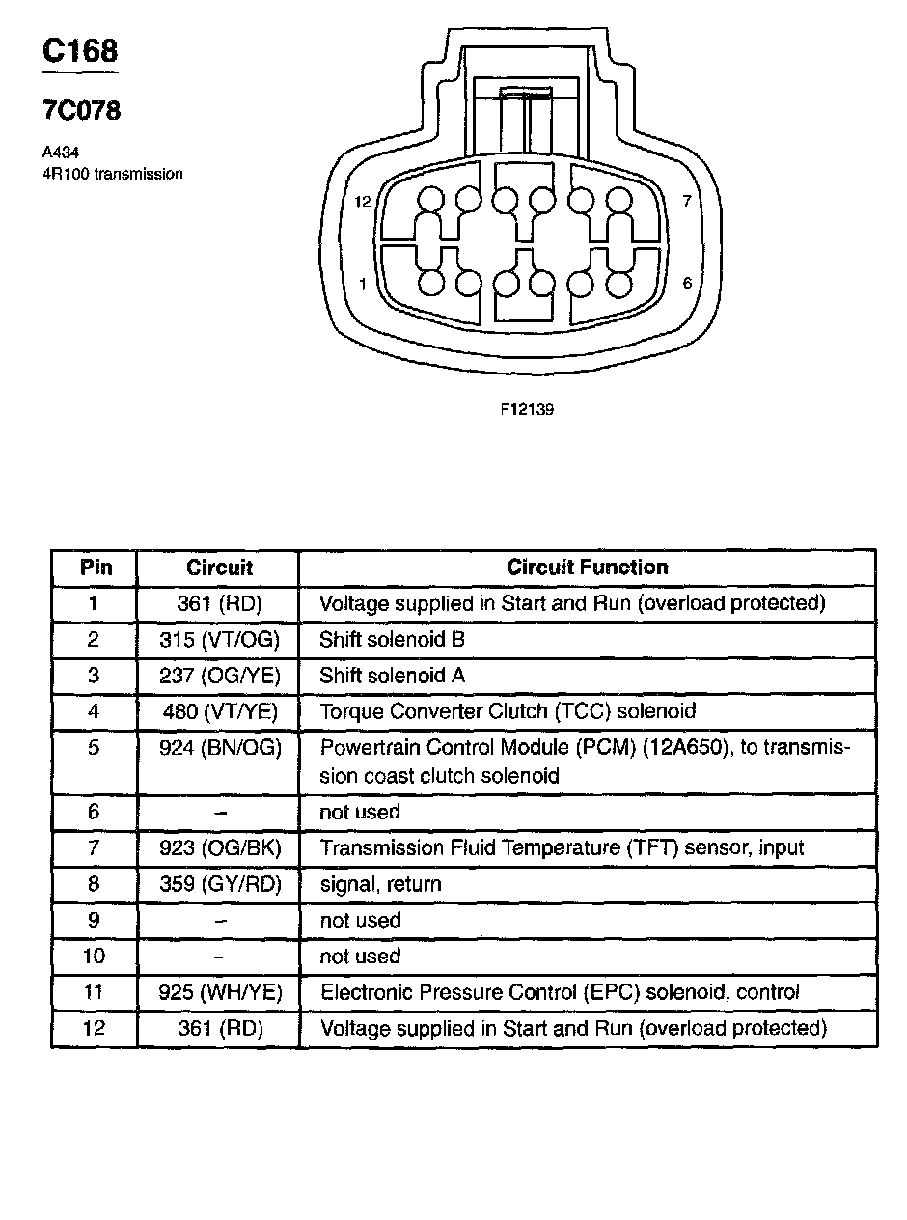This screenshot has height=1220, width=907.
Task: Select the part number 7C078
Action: [x=81, y=111]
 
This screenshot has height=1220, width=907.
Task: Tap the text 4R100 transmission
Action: [x=112, y=174]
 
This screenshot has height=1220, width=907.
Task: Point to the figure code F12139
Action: [x=527, y=409]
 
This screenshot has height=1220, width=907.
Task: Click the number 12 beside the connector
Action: [x=363, y=202]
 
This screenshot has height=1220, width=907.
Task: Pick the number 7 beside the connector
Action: [x=686, y=202]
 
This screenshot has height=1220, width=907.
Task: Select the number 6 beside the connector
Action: [x=686, y=283]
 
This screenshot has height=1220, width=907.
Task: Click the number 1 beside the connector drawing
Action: [x=363, y=284]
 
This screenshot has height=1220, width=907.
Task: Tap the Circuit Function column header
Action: [x=587, y=568]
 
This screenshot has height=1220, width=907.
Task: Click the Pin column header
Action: [x=95, y=568]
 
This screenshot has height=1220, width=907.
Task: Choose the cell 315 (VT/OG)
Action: [x=219, y=640]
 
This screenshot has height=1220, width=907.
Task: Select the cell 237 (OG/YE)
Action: [x=219, y=676]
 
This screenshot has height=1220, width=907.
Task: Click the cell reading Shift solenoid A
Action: [x=392, y=676]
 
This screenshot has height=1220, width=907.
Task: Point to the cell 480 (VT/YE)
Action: [x=219, y=711]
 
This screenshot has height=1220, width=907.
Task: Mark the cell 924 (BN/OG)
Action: [x=219, y=747]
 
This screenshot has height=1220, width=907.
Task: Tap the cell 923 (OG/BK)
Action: [x=219, y=848]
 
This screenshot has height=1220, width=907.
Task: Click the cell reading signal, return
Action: [x=380, y=884]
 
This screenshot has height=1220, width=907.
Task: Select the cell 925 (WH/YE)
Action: [x=219, y=992]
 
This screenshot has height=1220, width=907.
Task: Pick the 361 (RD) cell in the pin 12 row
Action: [x=219, y=1028]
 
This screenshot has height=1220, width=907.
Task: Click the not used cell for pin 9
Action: [x=359, y=920]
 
